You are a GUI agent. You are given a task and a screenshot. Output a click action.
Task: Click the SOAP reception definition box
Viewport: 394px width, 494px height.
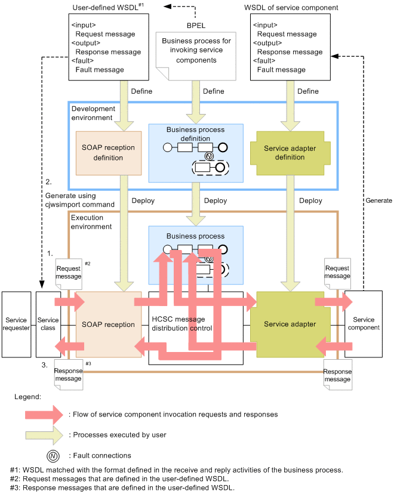[108, 153]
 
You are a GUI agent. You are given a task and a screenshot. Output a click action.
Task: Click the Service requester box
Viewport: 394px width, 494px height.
[16, 324]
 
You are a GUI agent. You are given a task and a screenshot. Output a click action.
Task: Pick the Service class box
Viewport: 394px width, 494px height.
[48, 324]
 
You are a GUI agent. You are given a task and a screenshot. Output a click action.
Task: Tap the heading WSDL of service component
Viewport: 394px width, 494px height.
[291, 8]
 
